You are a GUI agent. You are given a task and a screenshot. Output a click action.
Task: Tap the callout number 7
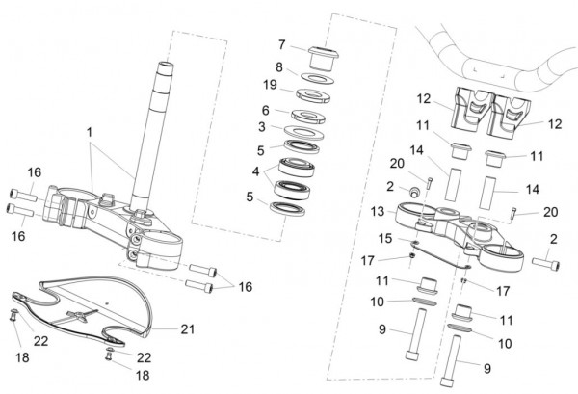click(281, 44)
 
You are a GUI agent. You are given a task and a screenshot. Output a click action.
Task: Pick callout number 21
click(188, 328)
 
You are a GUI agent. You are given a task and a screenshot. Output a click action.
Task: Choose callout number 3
click(261, 126)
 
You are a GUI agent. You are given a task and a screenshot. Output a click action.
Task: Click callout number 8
click(279, 67)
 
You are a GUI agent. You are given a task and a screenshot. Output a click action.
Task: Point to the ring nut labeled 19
click(312, 93)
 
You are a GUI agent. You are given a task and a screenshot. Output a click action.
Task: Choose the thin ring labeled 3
click(302, 132)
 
